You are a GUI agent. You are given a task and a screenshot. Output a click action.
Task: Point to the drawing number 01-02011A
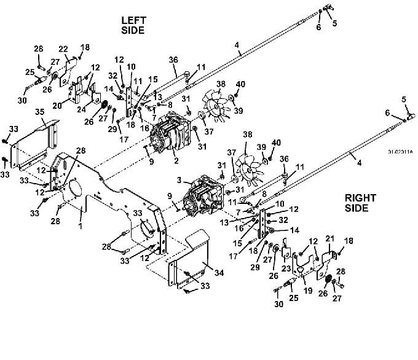tap(401, 151)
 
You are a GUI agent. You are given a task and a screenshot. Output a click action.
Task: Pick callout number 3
tap(179, 181)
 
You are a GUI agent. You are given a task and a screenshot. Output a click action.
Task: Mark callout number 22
tap(63, 49)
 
